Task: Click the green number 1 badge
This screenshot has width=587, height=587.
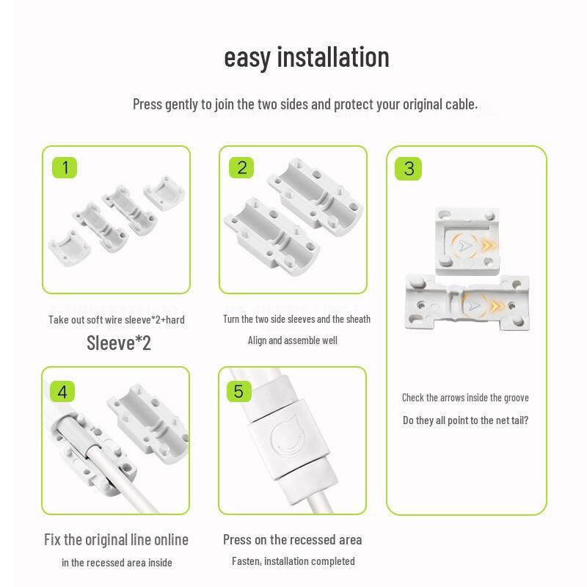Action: (x=65, y=168)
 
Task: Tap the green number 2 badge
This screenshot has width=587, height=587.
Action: (x=242, y=168)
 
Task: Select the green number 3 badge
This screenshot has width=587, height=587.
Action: (x=409, y=169)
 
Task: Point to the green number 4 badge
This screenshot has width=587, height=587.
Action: (x=62, y=392)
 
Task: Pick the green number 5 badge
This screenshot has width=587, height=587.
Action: (x=238, y=391)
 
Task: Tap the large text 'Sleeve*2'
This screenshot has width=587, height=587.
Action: (x=119, y=343)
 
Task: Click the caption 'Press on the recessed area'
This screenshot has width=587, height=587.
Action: (x=292, y=539)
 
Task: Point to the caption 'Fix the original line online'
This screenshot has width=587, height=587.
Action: (x=116, y=539)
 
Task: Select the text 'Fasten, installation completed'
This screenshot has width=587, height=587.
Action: (x=293, y=561)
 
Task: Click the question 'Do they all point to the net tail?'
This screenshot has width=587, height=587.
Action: (x=465, y=420)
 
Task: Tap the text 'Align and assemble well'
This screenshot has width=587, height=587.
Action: (x=292, y=340)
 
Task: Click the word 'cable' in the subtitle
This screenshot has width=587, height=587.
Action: (x=460, y=104)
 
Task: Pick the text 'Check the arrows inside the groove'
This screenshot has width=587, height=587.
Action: (x=465, y=398)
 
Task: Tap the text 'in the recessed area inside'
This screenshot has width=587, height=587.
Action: (x=117, y=562)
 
